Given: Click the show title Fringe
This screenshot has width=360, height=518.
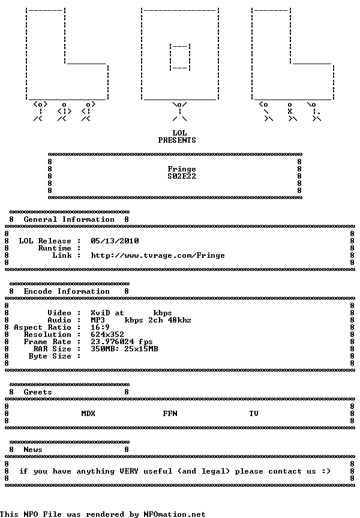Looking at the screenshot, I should tap(182, 169).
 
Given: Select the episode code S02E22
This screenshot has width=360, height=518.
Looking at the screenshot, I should tap(182, 176).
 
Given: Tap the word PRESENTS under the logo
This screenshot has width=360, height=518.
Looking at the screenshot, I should tap(177, 140).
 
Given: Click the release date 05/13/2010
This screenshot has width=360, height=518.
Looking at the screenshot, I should tap(115, 241).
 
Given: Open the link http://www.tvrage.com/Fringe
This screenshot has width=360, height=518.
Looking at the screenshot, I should tap(158, 255).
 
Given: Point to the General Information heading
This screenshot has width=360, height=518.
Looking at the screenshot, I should tap(69, 219).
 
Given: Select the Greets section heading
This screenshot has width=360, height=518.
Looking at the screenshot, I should tap(38, 392).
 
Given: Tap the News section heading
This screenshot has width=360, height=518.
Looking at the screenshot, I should tap(33, 450).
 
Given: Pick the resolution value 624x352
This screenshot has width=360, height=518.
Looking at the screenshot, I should tap(107, 335).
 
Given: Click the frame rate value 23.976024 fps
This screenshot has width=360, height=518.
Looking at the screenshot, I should tap(122, 342).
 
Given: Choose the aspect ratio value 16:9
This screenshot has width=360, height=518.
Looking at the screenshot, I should tap(100, 327).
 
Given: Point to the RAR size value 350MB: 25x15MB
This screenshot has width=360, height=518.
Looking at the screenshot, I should tap(124, 349).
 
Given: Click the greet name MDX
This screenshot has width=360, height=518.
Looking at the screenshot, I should tap(88, 414).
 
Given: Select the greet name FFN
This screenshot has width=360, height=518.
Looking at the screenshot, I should tap(170, 414).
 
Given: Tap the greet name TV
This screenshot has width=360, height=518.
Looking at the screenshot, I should tap(254, 414).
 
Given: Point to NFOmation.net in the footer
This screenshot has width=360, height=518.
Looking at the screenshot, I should tap(174, 514).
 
